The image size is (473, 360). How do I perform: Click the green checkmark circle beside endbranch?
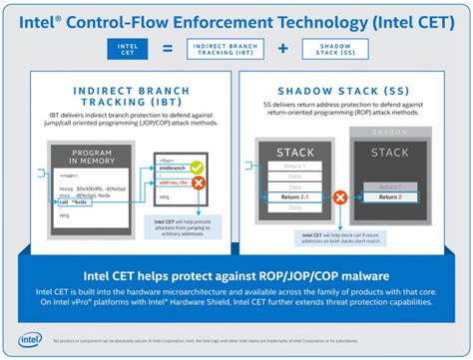pos(197,167)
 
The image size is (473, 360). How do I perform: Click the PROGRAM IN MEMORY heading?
pos(89,156)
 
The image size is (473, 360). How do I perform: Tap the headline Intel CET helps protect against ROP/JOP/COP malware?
pos(236,274)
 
